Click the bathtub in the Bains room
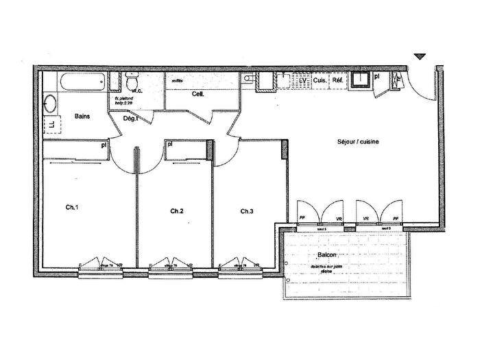[82, 84]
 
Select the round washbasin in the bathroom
[50, 106]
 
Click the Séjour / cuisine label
[358, 142]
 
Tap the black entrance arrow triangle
[420, 57]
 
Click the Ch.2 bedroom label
[177, 211]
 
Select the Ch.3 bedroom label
[247, 211]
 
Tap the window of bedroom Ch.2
[170, 269]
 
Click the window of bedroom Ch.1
[101, 269]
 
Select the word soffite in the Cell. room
[177, 80]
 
